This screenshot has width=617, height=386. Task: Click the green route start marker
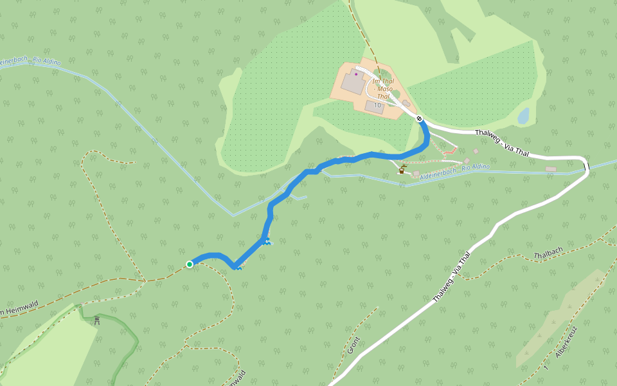click(x=190, y=264)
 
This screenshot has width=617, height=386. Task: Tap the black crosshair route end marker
click(x=419, y=118)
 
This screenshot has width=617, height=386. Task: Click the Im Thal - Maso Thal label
click(x=383, y=89)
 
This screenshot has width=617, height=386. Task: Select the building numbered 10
click(x=375, y=106)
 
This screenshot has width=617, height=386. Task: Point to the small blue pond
click(x=523, y=116)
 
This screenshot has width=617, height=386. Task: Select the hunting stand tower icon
click(x=97, y=320)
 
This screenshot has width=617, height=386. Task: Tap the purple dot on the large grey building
click(x=356, y=74)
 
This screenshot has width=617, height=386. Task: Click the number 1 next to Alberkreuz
click(x=545, y=367)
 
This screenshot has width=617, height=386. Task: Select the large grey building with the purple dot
click(x=352, y=83)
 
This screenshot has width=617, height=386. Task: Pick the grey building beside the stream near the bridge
click(x=550, y=169)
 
